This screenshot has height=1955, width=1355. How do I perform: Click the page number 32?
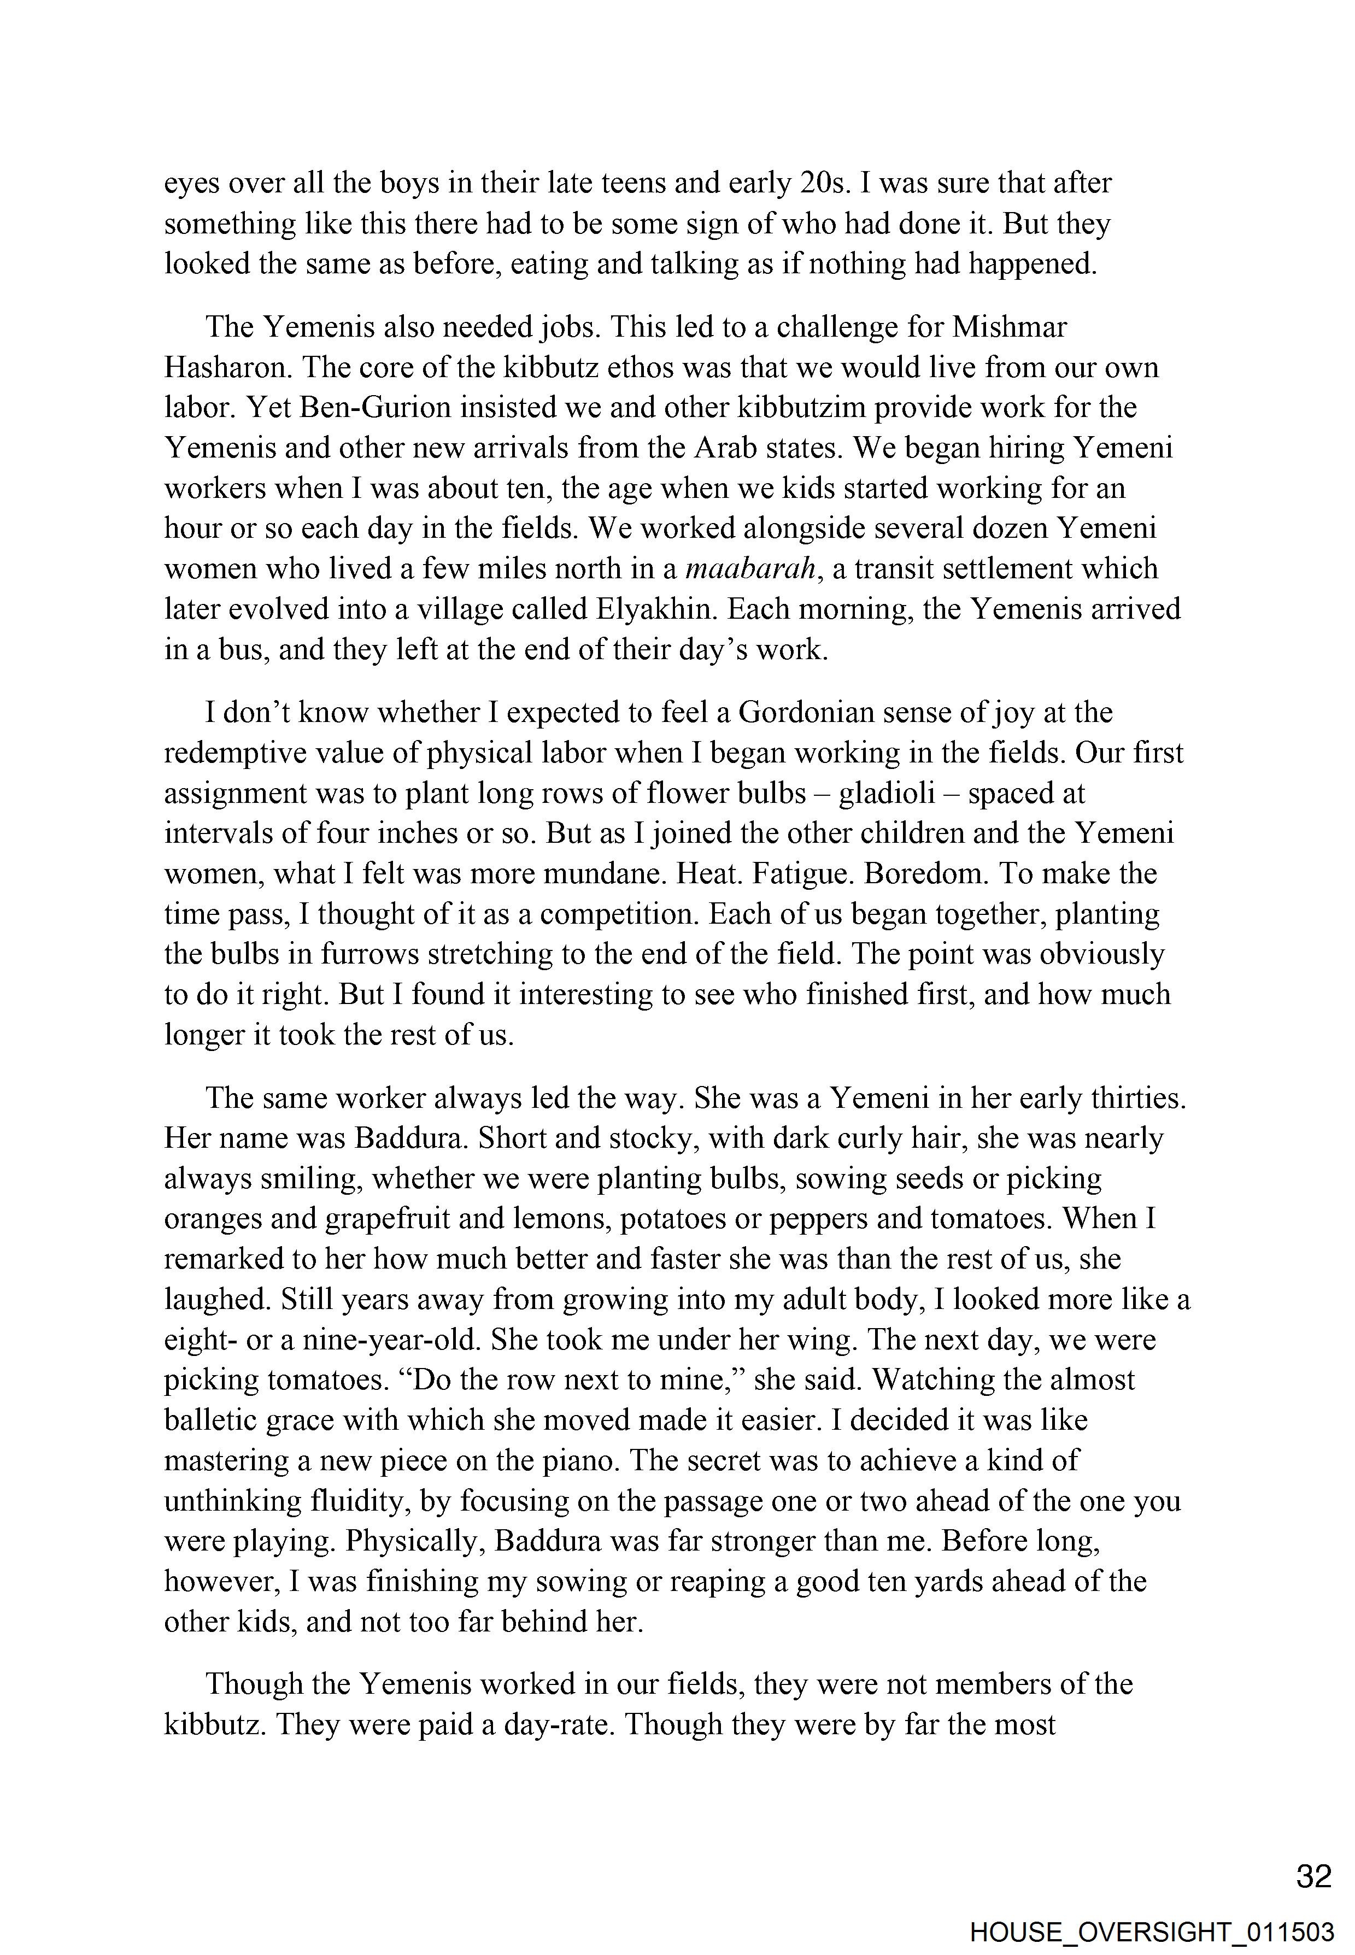(1313, 1875)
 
